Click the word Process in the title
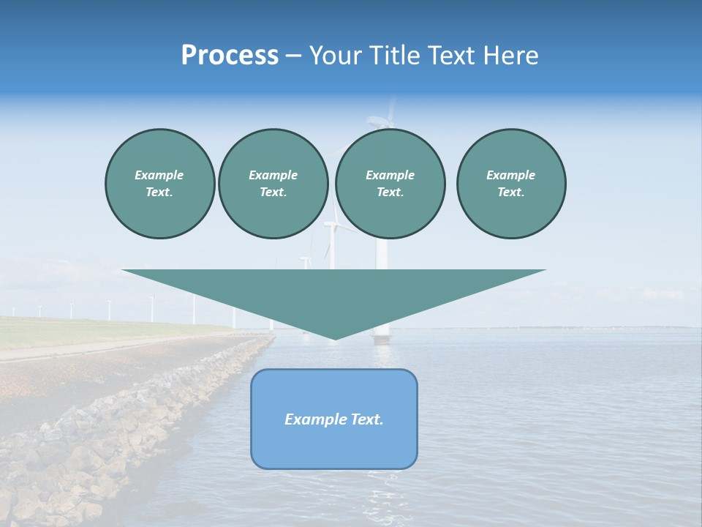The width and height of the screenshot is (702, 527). coord(230,56)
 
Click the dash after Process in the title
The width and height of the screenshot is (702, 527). coord(293,56)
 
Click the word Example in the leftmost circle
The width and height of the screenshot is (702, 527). coord(159,175)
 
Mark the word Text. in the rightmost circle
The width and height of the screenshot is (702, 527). coord(510,192)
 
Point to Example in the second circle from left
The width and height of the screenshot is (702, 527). coord(273,175)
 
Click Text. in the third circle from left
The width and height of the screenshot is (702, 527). coord(390,192)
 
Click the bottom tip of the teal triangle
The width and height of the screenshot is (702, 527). coord(334,338)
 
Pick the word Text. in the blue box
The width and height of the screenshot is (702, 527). coord(367,419)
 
